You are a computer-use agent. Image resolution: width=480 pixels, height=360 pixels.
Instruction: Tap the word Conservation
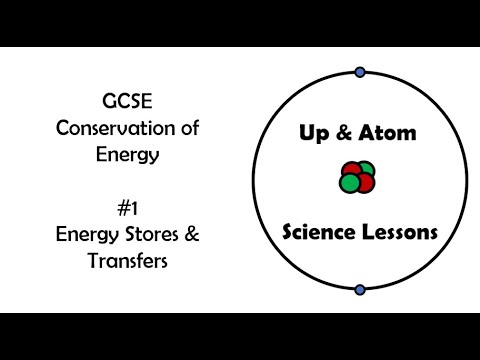click(106, 129)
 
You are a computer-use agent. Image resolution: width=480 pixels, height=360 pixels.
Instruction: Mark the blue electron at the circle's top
click(359, 72)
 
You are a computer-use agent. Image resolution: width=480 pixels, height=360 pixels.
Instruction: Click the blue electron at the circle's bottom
click(359, 290)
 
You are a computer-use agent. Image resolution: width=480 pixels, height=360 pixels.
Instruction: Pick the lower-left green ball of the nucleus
click(350, 184)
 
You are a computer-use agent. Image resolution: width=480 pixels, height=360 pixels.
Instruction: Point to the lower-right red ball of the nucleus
click(365, 183)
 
